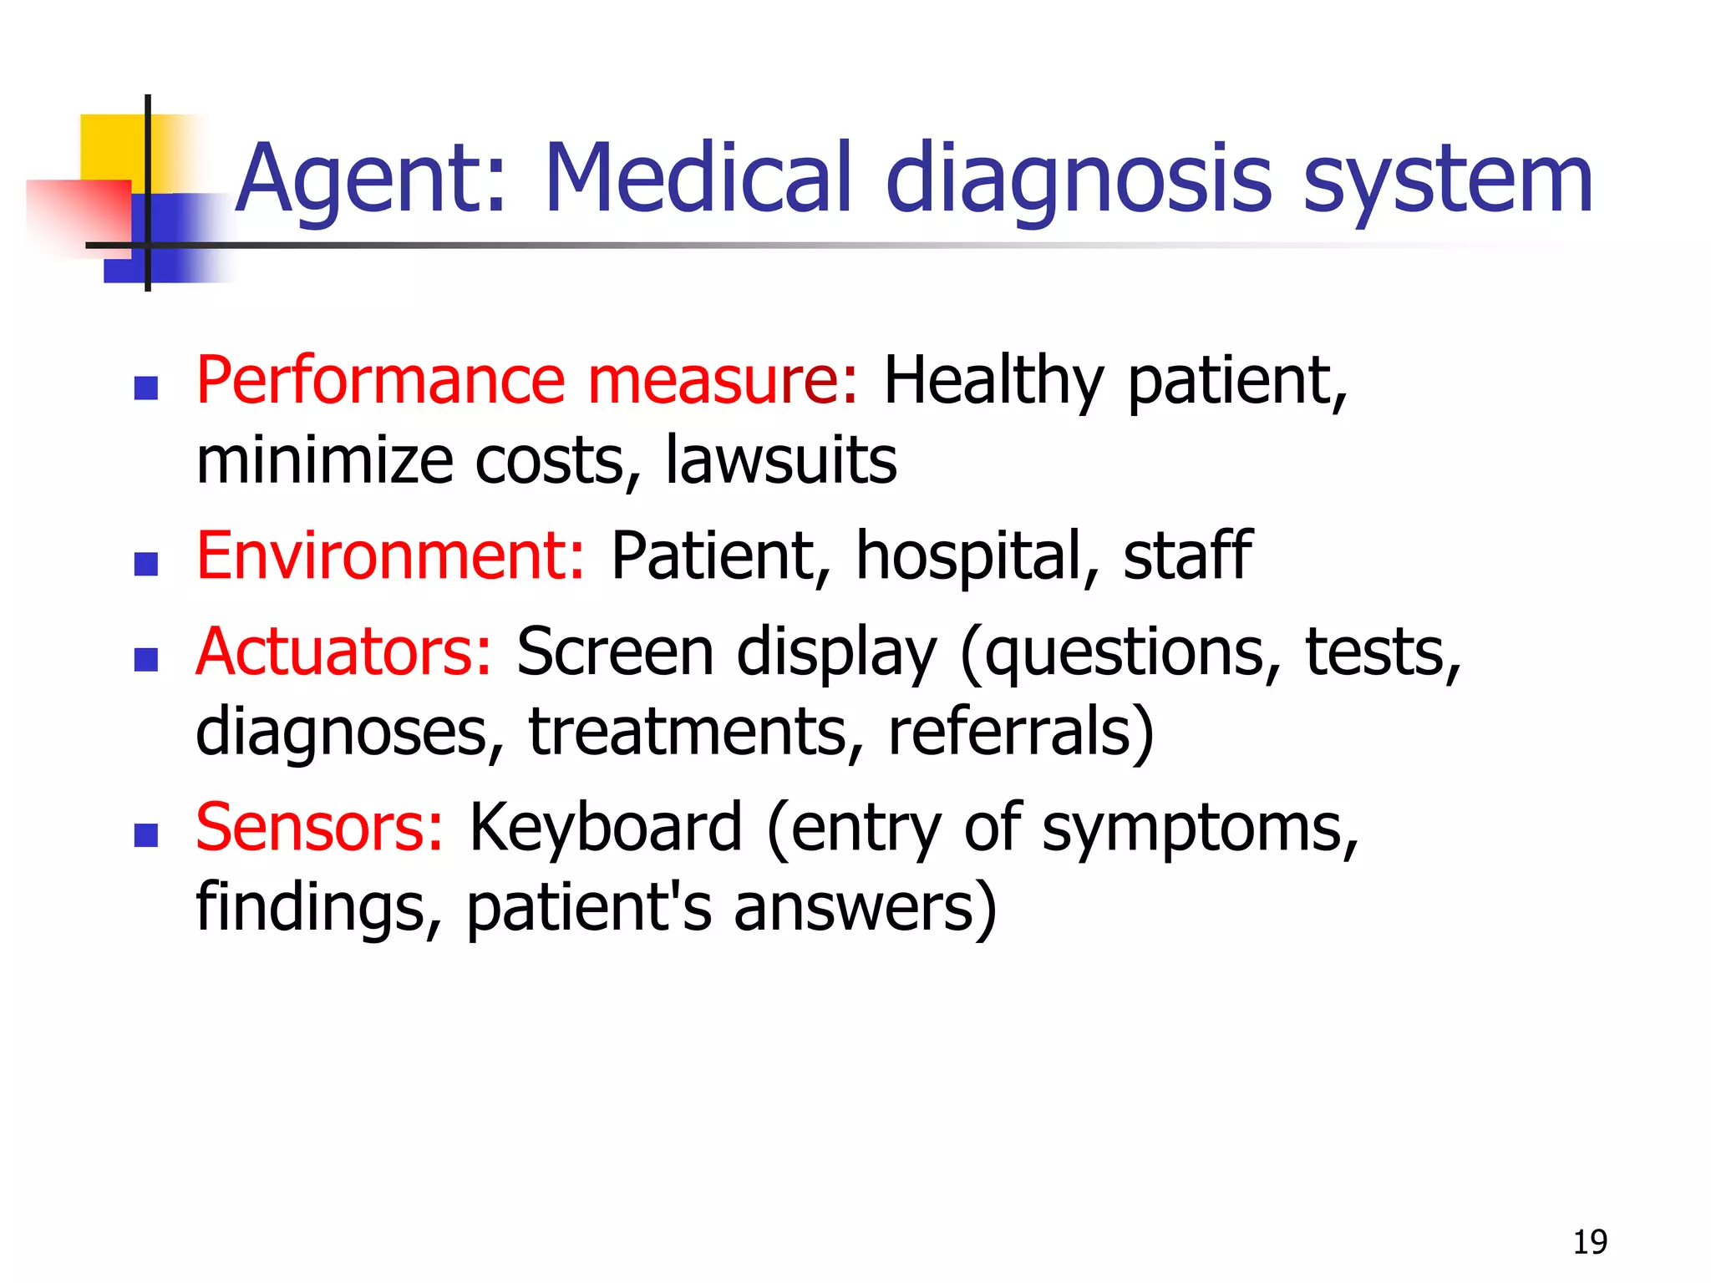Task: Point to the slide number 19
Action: pos(1590,1242)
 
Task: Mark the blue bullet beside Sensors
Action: pos(146,835)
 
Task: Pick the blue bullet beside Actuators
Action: pos(146,660)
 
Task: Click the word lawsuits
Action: pos(780,460)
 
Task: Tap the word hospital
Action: pos(969,558)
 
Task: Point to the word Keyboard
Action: pos(606,829)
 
